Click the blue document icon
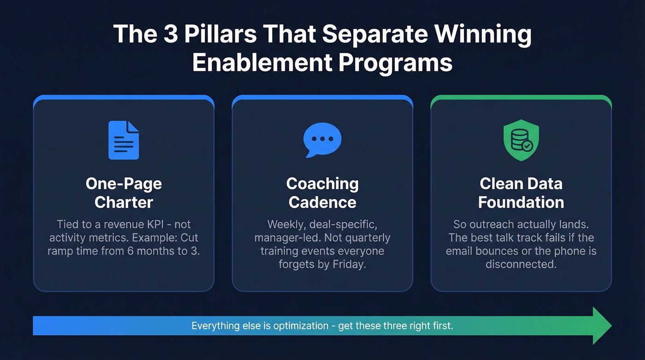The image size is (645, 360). (x=123, y=140)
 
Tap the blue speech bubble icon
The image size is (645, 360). (x=322, y=140)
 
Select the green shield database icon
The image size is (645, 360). (x=521, y=140)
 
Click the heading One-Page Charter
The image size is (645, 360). (x=123, y=193)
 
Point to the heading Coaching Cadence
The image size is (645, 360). (x=322, y=193)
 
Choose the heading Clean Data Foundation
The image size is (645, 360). (x=521, y=193)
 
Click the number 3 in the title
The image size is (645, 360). (x=171, y=35)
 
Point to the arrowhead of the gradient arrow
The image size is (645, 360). (x=601, y=325)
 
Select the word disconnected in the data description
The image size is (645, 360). (x=521, y=265)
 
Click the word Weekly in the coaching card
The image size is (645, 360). (x=283, y=224)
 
